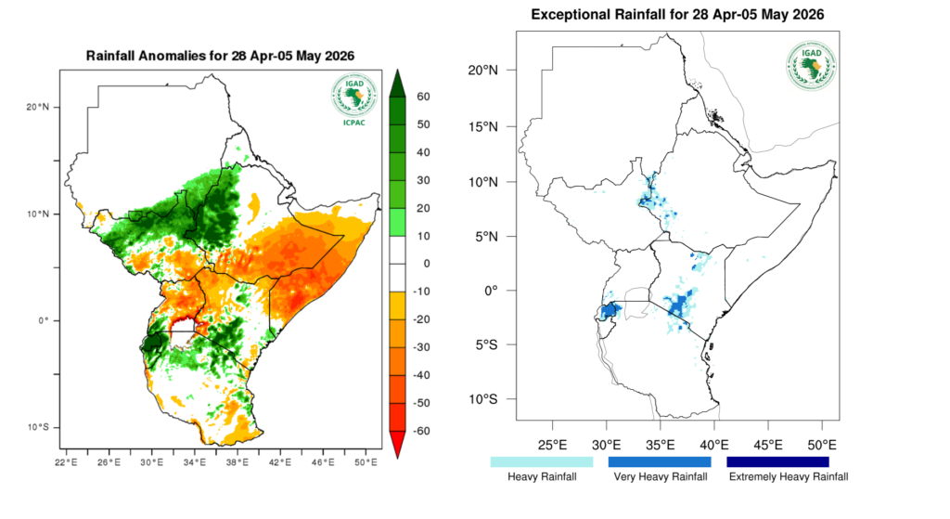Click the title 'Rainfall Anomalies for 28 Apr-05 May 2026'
[220, 57]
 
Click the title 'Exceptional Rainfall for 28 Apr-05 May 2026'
[677, 16]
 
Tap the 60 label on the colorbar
[423, 97]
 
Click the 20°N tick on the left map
[36, 107]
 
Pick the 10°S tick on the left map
[36, 427]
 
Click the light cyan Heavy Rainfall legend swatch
[542, 461]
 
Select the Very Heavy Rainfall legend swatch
[660, 461]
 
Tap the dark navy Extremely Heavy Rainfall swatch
[777, 461]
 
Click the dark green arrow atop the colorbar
[396, 83]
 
